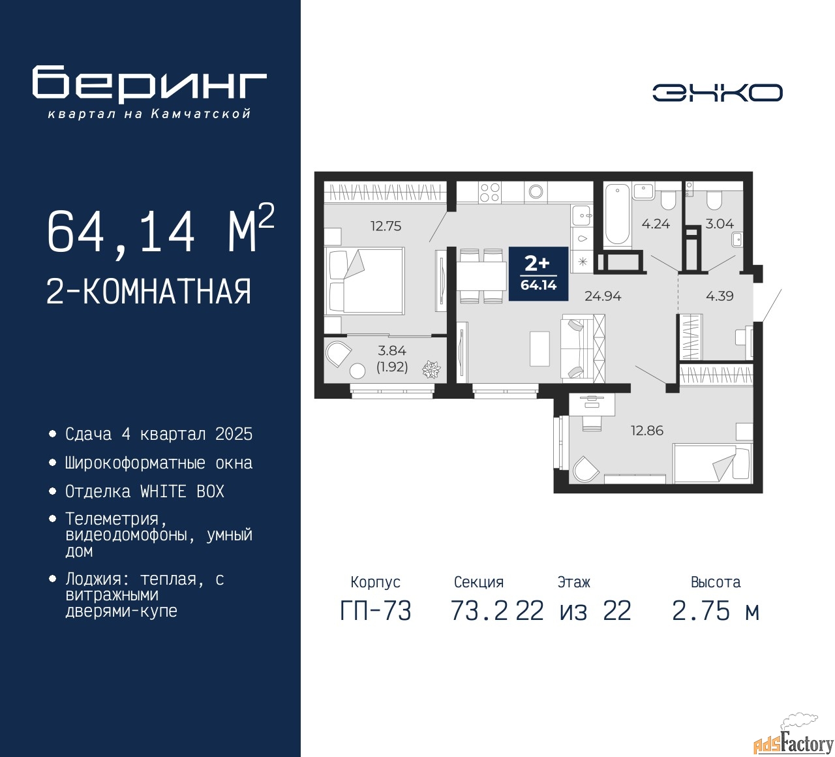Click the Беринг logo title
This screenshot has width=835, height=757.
tap(149, 85)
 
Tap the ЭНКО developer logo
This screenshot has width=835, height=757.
tap(717, 93)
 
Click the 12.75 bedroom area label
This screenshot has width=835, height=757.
tap(386, 226)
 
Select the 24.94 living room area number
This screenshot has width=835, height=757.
tap(603, 296)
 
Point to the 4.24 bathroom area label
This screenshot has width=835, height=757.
tap(656, 224)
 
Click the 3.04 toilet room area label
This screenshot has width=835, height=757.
tap(720, 224)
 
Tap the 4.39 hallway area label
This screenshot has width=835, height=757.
tap(720, 296)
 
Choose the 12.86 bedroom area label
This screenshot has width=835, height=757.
tap(647, 431)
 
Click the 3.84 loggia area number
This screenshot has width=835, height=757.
tap(391, 350)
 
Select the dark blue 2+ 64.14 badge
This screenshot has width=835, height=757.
tap(539, 273)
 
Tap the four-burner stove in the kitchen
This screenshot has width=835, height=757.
tap(489, 193)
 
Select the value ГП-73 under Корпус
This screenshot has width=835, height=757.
tap(376, 611)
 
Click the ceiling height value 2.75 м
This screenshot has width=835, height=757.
tap(716, 611)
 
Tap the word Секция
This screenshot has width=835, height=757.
tap(479, 582)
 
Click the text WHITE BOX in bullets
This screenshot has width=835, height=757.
tap(182, 492)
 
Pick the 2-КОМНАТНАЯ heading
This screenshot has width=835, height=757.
tap(149, 292)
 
